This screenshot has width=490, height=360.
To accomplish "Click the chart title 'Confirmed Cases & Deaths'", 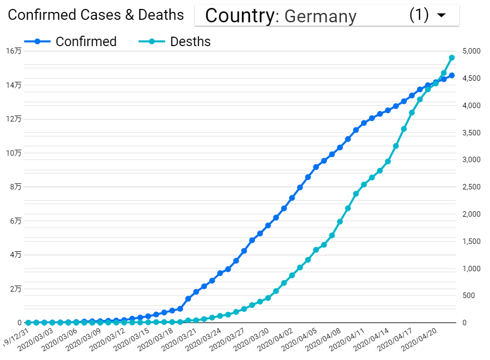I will click(96, 15).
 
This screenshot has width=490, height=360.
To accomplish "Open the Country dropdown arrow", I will click(441, 15).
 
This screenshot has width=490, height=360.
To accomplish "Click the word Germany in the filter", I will click(320, 16).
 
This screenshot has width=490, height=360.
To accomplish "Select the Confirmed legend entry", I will click(86, 42).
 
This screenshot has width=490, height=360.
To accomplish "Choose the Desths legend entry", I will click(190, 42).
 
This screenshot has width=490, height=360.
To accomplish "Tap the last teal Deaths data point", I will click(452, 58).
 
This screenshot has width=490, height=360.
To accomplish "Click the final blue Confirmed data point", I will click(452, 75).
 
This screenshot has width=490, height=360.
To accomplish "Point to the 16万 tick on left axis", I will click(14, 51).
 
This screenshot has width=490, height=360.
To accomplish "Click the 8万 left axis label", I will click(15, 187).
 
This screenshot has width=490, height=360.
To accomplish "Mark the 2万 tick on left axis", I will click(15, 289).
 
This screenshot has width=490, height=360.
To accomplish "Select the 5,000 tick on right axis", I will click(471, 51).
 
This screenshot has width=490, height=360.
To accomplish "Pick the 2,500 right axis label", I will click(471, 187).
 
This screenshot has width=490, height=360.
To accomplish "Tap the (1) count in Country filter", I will click(419, 15).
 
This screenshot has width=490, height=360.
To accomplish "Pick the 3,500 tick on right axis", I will click(471, 133).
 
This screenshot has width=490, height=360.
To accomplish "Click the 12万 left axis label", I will click(14, 119).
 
